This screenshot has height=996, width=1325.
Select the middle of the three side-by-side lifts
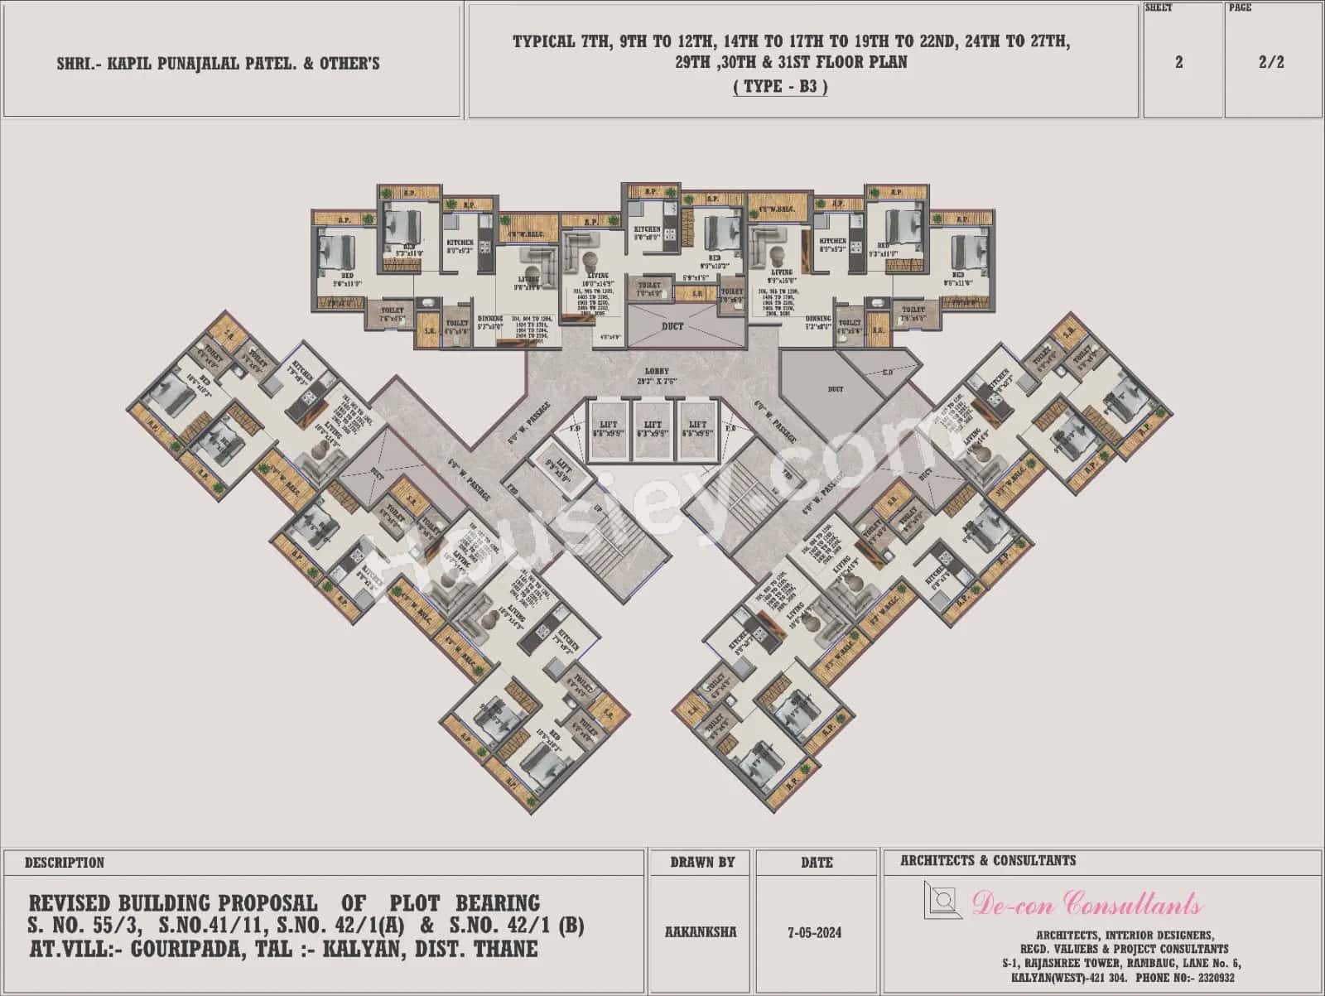tap(653, 430)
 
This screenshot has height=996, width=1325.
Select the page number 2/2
tap(1271, 63)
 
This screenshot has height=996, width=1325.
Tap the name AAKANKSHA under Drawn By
tap(701, 932)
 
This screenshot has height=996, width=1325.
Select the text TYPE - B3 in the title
tap(780, 86)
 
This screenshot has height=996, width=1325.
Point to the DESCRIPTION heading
tap(64, 863)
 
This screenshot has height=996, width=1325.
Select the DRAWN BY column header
tap(702, 863)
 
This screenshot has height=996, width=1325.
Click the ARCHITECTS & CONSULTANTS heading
tap(988, 861)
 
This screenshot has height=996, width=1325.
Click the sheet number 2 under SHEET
tap(1178, 63)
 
